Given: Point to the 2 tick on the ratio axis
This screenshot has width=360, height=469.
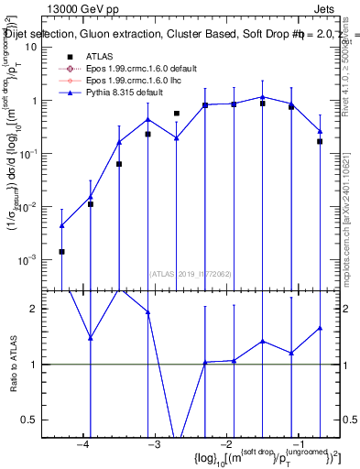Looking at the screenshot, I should (x=42, y=309).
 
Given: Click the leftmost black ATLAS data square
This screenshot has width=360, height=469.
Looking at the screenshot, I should (x=61, y=251).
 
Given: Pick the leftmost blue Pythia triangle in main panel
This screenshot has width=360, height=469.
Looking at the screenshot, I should (x=61, y=225).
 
